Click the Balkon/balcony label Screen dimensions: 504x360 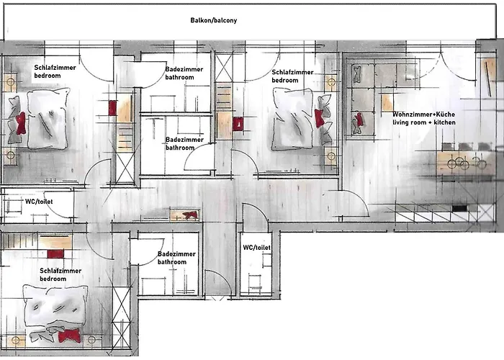[213, 20]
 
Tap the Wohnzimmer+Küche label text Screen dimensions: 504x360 [423, 114]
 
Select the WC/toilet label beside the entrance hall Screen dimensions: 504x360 [256, 248]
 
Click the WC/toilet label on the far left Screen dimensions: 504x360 [39, 202]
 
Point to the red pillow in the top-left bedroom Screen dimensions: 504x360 [21, 122]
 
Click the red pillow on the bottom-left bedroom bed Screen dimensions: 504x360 [69, 336]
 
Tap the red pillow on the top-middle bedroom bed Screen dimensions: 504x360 [320, 118]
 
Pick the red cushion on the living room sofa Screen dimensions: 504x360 [359, 120]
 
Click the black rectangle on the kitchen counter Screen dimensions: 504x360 [459, 208]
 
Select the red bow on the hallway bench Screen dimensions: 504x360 [190, 215]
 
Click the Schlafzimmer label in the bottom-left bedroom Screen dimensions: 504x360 [60, 271]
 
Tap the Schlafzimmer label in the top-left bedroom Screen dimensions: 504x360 [55, 68]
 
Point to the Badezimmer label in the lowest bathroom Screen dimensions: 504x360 [176, 254]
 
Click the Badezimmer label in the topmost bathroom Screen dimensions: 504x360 [184, 69]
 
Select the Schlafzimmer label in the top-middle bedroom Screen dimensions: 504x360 [292, 72]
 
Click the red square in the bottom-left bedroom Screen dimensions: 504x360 [55, 254]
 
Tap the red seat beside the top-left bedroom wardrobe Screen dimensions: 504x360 [112, 108]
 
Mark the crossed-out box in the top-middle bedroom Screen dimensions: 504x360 [224, 68]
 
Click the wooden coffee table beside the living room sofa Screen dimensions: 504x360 [387, 102]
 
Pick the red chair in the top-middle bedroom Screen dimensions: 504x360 [238, 124]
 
